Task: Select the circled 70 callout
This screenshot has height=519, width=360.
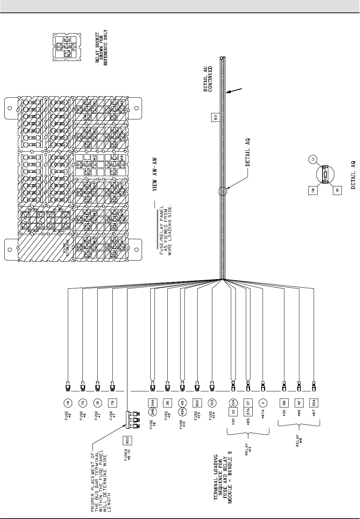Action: tap(82, 403)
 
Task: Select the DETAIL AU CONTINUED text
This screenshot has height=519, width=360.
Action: tap(208, 79)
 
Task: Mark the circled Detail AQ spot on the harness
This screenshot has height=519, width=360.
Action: tap(222, 191)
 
